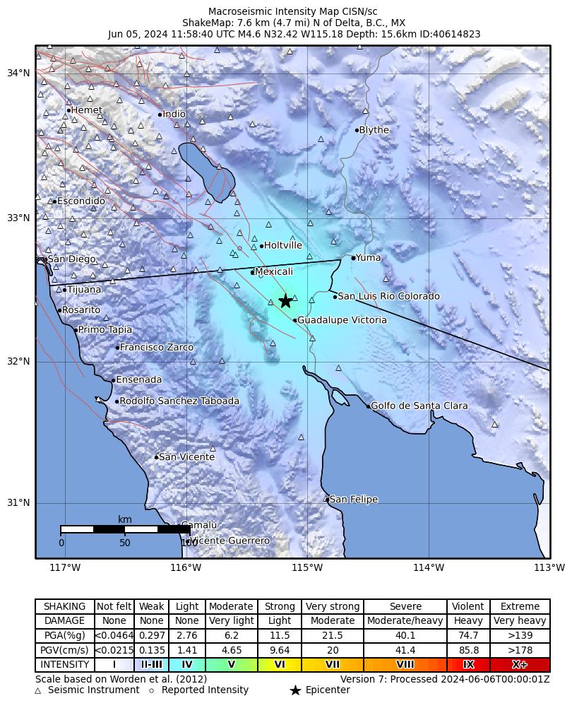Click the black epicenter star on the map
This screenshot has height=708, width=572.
tap(285, 301)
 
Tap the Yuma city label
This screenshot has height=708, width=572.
tap(368, 258)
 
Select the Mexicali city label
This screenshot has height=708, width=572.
tap(273, 272)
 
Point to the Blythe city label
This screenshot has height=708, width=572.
tap(374, 130)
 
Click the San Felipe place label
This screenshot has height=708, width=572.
tap(354, 500)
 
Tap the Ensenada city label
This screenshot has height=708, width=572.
tap(138, 379)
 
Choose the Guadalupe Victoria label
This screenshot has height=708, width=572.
tap(342, 320)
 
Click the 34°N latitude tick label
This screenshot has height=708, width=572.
tap(18, 73)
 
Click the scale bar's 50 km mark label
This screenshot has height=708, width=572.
tap(125, 543)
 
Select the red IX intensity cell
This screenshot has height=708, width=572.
tap(468, 665)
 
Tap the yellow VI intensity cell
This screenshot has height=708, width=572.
tap(280, 665)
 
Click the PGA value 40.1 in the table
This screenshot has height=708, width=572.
tap(405, 636)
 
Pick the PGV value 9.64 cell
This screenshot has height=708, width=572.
tap(280, 651)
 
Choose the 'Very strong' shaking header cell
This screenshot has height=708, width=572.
tap(332, 606)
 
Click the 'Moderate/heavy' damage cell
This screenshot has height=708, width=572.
tap(405, 621)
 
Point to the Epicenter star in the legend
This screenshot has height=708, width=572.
tap(295, 690)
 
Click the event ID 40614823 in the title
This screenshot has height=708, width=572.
tap(458, 34)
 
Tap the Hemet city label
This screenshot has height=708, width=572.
tap(87, 110)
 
